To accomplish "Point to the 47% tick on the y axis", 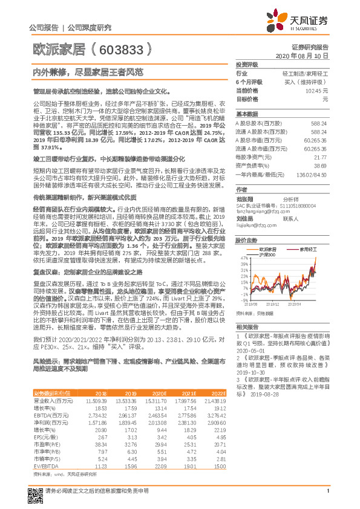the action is [x=243, y=258].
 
